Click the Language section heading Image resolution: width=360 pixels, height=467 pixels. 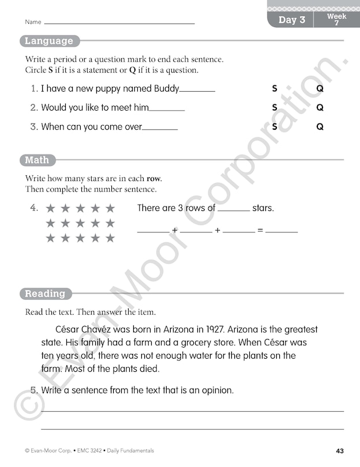[49, 41]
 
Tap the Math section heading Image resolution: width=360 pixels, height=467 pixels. [37, 160]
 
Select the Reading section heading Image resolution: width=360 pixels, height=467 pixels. [45, 293]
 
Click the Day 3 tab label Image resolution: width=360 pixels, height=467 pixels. [291, 20]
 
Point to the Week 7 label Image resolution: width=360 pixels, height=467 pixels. [336, 20]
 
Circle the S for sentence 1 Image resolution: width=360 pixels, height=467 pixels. [275, 89]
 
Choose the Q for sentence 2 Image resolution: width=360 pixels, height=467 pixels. [320, 107]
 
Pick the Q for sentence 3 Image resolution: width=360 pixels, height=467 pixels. [320, 126]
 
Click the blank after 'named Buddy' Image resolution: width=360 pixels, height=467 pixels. [197, 91]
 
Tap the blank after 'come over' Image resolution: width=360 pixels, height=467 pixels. [160, 128]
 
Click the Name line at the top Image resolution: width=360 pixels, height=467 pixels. [119, 22]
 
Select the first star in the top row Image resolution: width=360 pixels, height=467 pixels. [50, 208]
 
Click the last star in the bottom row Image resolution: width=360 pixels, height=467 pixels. [110, 238]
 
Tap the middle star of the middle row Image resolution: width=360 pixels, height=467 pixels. [80, 223]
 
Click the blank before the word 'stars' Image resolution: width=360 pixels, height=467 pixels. [234, 210]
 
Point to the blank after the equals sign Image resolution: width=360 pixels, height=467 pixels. [282, 231]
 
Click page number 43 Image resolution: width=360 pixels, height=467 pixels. [340, 450]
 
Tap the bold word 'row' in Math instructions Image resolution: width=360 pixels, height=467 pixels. [153, 179]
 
